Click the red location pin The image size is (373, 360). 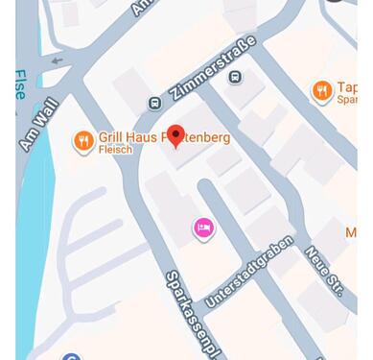coord(175,135)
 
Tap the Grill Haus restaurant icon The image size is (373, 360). coord(83,141)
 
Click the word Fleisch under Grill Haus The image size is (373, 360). coord(115,150)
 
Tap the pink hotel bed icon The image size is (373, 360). coord(203,228)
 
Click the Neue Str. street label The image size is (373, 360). coord(324,271)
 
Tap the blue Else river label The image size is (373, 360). coord(20,84)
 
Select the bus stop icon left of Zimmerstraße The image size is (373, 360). coord(154,103)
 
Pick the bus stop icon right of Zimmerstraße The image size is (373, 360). coord(235,76)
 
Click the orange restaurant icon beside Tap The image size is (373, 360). coord(322,90)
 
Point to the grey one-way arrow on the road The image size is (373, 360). coord(57,60)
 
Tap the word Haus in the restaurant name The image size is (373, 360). coord(141,137)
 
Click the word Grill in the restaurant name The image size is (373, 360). coord(110,137)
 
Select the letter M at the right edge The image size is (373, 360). coord(351,233)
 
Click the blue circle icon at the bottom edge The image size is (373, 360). coord(71,356)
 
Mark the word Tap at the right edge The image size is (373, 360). coord(347,87)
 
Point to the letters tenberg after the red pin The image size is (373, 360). coord(207,137)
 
